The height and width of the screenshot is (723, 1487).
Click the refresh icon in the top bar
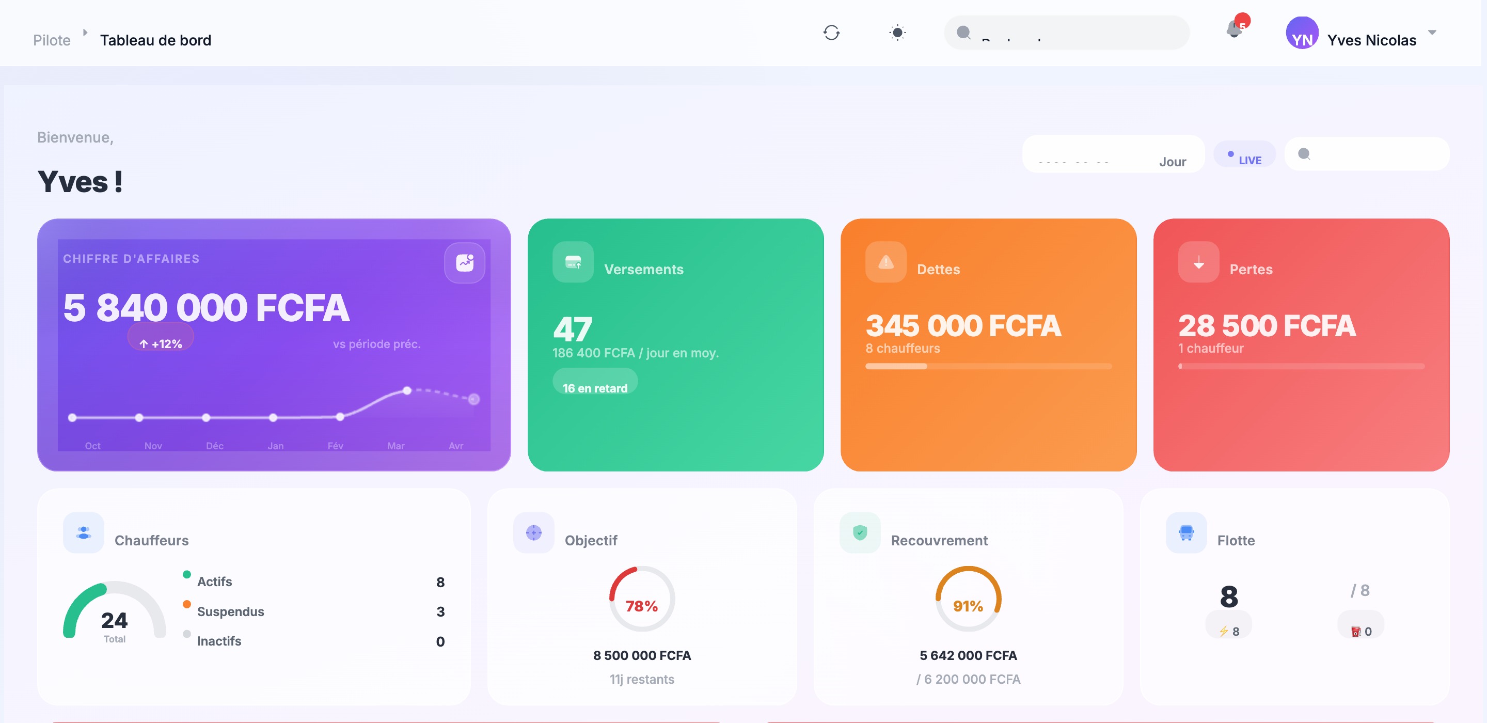831,33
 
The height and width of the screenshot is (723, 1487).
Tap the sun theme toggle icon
897,33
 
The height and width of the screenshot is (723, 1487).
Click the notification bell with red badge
1234,29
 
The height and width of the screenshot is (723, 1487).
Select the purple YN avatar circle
1302,34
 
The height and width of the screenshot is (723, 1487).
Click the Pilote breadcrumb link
52,40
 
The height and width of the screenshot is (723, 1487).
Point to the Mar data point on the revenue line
407,391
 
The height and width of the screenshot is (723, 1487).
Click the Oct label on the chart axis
92,446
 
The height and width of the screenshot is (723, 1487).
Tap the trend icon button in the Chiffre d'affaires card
465,263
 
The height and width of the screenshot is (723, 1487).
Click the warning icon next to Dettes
885,262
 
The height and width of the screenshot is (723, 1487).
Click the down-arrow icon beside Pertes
1198,262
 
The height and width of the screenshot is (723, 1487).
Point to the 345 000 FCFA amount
963,326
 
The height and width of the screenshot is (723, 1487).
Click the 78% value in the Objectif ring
641,606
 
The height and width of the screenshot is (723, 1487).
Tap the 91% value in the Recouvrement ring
968,606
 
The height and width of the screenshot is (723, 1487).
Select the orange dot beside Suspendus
186,604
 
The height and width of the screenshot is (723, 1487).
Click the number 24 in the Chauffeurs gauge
114,620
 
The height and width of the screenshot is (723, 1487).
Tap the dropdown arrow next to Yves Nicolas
1432,33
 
